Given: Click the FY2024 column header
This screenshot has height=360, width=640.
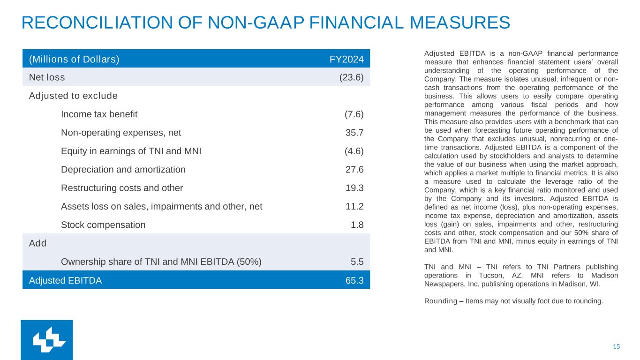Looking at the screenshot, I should coord(349,60).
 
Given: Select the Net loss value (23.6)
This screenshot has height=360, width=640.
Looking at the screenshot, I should coord(351,77).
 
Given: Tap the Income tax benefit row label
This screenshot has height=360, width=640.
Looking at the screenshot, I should coord(99,114).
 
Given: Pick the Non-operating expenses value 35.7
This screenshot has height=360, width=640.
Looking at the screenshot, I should coord(354,133).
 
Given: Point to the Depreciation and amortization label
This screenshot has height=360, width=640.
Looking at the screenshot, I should coord(123,169).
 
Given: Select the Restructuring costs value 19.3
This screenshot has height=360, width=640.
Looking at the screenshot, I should coord(354,188).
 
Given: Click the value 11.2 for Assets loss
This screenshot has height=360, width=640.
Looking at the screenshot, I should coord(354,206).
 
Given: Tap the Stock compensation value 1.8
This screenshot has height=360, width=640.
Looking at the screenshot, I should coord(357,225).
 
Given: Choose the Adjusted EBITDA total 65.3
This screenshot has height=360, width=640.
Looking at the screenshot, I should coord(354,281).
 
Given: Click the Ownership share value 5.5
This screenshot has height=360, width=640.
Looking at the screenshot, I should coord(357,262).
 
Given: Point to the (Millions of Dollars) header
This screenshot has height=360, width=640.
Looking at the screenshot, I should coord(74,60).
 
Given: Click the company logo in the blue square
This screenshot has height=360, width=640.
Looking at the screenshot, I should coord(47,340).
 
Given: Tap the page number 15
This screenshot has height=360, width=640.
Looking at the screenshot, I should coord(616,346).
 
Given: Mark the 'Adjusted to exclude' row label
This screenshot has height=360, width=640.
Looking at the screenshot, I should coord(73,96).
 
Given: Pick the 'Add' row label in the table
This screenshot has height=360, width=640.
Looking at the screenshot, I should coord(38,243).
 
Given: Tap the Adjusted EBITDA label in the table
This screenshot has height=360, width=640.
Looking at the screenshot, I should coord(65,281).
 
